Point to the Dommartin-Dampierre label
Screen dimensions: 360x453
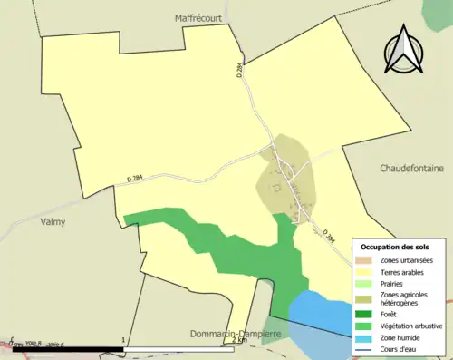tap(236, 334)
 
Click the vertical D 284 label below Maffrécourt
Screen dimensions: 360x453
tap(241, 69)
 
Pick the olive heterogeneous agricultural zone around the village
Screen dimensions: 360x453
tap(290, 177)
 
